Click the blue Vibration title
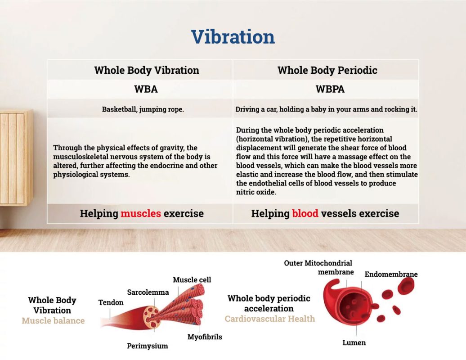coord(233,37)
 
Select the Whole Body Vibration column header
coord(147,71)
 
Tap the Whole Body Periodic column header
coord(327,71)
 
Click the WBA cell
coord(146,89)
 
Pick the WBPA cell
coord(330,89)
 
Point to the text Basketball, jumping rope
coord(143,109)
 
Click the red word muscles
coord(141,213)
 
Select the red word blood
coord(305,213)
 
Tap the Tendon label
coord(111,302)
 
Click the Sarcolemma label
coord(148,292)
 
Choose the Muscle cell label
coord(192,280)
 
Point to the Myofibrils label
coord(205,337)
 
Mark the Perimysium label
coord(148,346)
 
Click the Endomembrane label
coord(391,274)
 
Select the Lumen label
coord(354,343)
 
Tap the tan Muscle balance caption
coord(53,321)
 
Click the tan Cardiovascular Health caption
coord(270,319)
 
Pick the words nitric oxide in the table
coord(256,192)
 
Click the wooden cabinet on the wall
coord(16,157)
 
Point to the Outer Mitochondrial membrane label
coord(318,268)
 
